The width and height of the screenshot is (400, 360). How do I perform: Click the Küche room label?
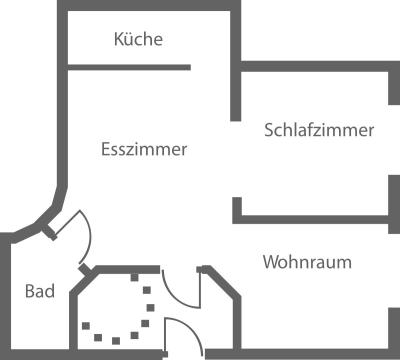click(x=138, y=40)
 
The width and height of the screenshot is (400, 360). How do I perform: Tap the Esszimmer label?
click(x=145, y=149)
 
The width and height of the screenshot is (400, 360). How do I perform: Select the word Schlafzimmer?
click(x=319, y=130)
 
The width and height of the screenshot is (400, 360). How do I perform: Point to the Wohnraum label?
click(x=307, y=262)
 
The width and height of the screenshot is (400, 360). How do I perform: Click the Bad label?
click(x=39, y=292)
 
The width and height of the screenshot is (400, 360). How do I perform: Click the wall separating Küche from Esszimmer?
click(x=128, y=67)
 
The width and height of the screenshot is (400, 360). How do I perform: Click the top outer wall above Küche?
click(x=150, y=6)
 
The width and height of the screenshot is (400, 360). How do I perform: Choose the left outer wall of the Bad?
click(x=5, y=295)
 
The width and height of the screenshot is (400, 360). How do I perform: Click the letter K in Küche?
click(x=119, y=40)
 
